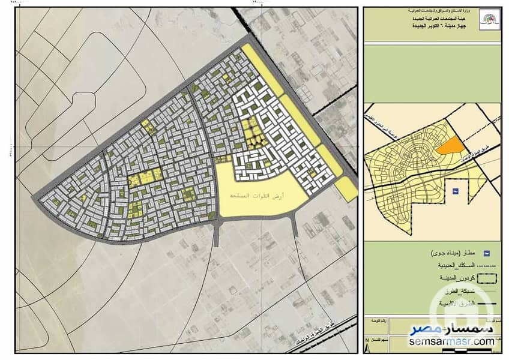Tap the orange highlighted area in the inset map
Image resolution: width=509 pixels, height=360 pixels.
click(450, 145)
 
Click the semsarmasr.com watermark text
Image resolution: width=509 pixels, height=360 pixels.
click(453, 341)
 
